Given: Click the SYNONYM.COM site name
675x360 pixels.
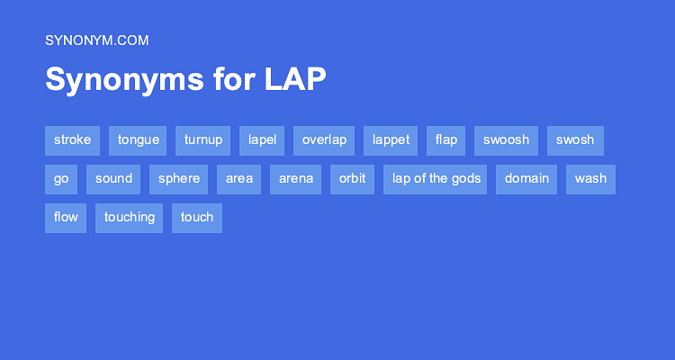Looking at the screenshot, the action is (97, 40).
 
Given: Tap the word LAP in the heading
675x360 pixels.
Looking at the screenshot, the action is (295, 79).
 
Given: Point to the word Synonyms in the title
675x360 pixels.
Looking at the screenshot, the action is (124, 80).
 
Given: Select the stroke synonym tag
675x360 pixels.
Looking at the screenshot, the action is (72, 140).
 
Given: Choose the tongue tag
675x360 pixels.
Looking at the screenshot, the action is (138, 140).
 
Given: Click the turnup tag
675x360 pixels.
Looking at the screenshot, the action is (202, 140).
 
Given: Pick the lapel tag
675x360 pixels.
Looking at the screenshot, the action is (262, 140).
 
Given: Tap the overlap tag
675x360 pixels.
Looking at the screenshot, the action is (324, 140).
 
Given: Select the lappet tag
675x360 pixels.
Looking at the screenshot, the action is (391, 140).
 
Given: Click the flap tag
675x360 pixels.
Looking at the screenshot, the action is (446, 140).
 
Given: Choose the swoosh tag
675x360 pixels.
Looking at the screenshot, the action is (506, 140).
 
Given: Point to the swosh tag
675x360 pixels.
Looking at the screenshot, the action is (576, 140).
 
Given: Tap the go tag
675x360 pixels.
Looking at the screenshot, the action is (61, 180).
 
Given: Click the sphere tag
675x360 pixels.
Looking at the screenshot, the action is (179, 180).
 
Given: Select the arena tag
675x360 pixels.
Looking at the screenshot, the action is (296, 180).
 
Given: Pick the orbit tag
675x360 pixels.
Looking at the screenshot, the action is (352, 180).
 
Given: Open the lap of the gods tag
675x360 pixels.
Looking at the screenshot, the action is (436, 180).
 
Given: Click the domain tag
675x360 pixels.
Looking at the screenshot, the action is (526, 180).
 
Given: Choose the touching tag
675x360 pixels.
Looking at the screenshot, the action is (129, 219).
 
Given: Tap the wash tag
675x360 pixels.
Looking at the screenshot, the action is (590, 180).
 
